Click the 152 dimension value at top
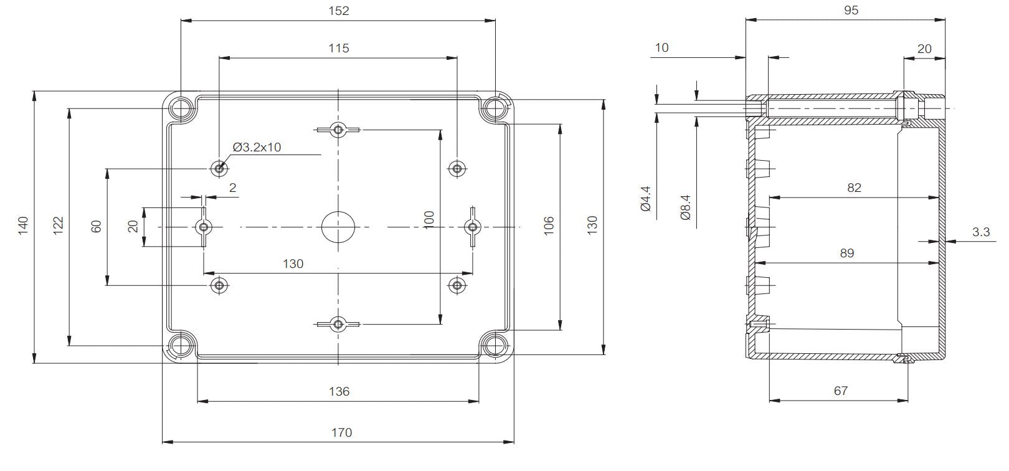tap(339, 11)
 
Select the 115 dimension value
tap(339, 48)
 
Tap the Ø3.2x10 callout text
tap(257, 148)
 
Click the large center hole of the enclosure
tap(338, 227)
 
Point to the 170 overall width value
tap(341, 433)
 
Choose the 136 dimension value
tap(339, 391)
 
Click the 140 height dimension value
tap(23, 226)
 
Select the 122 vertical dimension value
tap(58, 226)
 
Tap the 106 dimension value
tap(548, 226)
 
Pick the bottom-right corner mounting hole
tap(495, 346)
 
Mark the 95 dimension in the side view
tap(851, 11)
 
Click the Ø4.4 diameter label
tap(645, 198)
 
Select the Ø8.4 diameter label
tap(685, 207)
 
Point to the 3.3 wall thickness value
tap(980, 232)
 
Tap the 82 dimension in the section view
tap(854, 188)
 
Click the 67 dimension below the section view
tap(841, 391)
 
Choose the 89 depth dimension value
tap(847, 253)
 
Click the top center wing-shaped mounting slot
tap(338, 130)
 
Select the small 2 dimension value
tap(232, 188)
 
